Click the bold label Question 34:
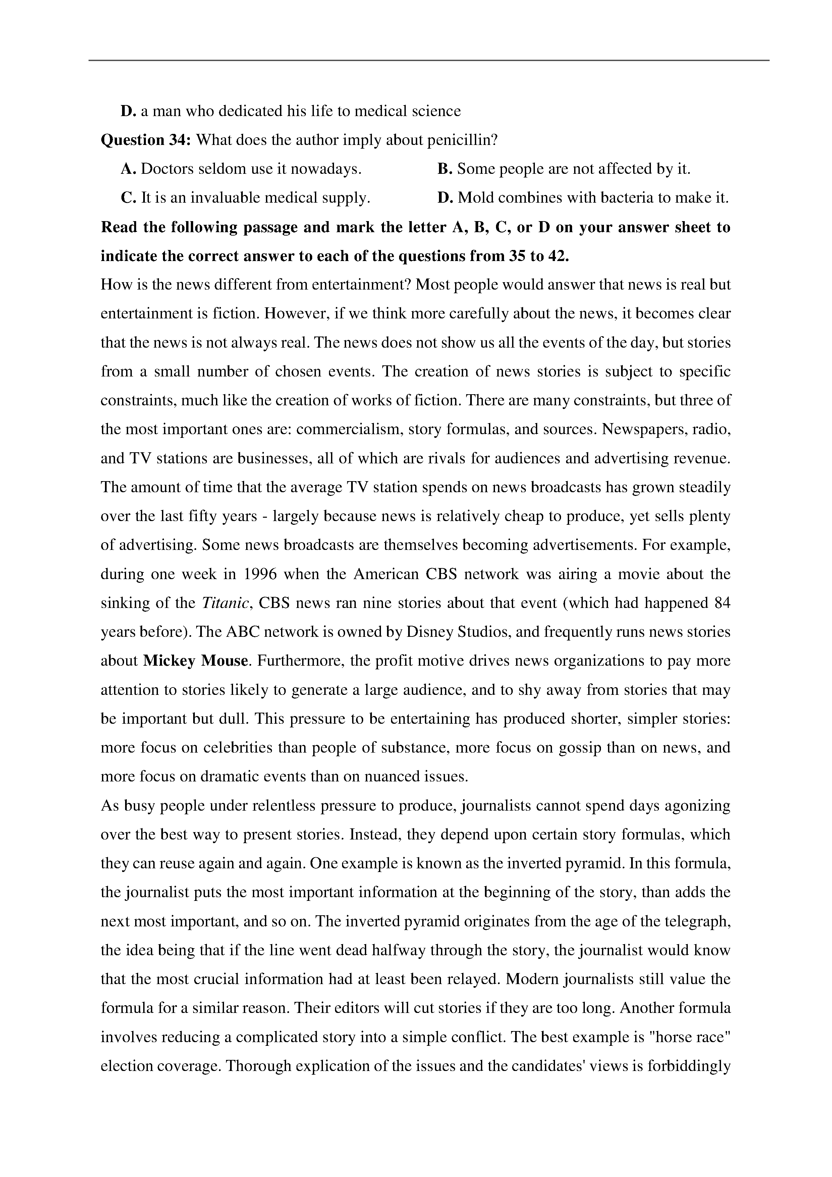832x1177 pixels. pyautogui.click(x=146, y=140)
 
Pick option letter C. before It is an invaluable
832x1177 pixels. pyautogui.click(x=128, y=198)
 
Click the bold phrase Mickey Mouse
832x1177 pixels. pyautogui.click(x=196, y=661)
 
